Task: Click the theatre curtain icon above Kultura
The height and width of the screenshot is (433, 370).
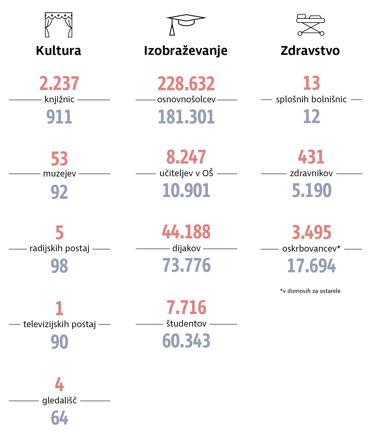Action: pyautogui.click(x=58, y=25)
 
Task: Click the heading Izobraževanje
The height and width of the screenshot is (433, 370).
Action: pyautogui.click(x=186, y=50)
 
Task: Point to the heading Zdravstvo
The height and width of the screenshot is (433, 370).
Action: pyautogui.click(x=310, y=50)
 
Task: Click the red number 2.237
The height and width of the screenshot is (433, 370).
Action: pyautogui.click(x=59, y=84)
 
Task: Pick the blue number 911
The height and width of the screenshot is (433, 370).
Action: pyautogui.click(x=59, y=117)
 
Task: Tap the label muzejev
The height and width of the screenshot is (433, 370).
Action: pyautogui.click(x=60, y=174)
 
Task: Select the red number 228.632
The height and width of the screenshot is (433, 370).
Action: pyautogui.click(x=186, y=84)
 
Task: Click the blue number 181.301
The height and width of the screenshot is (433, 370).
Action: pyautogui.click(x=186, y=117)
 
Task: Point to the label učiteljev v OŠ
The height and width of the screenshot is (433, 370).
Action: pyautogui.click(x=186, y=174)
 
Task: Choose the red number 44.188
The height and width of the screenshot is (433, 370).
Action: pyautogui.click(x=186, y=232)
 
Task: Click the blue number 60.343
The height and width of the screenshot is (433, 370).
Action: pyautogui.click(x=186, y=341)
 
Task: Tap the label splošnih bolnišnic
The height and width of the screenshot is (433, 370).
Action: pyautogui.click(x=311, y=100)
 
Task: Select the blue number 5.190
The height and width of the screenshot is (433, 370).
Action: pyautogui.click(x=312, y=191)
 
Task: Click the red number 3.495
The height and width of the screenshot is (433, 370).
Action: pyautogui.click(x=312, y=232)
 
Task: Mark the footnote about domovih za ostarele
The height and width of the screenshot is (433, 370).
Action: pyautogui.click(x=310, y=291)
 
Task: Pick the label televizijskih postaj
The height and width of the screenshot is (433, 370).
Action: pyautogui.click(x=60, y=324)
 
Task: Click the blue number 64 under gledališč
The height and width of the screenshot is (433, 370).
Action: pyautogui.click(x=60, y=417)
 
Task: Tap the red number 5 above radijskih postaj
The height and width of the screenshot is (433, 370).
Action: pyautogui.click(x=60, y=232)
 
